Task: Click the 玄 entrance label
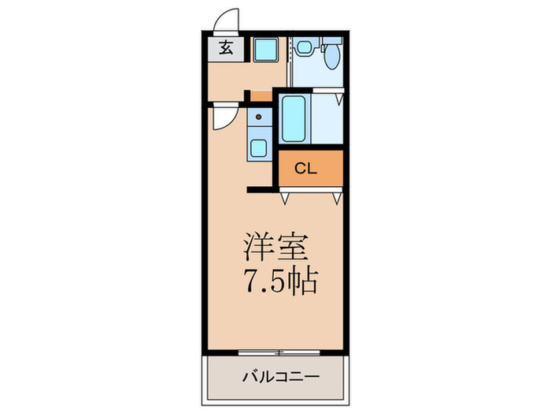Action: pos(225,48)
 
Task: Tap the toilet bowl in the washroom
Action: pos(331,56)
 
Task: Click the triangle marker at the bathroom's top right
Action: pos(339,100)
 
